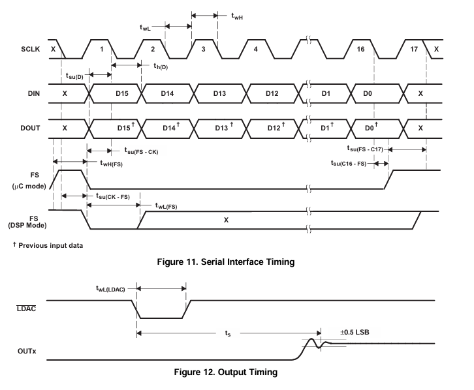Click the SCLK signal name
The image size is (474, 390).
click(x=30, y=49)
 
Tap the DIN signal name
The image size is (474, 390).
click(x=34, y=93)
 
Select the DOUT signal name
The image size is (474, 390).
click(x=30, y=128)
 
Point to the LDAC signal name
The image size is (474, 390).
click(x=26, y=308)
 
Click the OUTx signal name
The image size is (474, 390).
click(x=27, y=351)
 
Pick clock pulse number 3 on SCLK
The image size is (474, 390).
click(x=204, y=49)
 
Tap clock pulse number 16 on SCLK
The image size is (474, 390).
click(x=360, y=49)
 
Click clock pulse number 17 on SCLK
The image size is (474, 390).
click(x=414, y=49)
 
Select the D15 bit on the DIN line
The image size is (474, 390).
click(x=122, y=93)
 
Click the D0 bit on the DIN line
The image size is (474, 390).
click(x=368, y=93)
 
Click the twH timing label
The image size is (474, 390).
click(x=237, y=16)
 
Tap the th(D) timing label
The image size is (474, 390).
click(x=161, y=66)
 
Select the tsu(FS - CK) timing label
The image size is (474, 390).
click(x=141, y=151)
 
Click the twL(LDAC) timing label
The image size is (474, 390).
click(x=110, y=289)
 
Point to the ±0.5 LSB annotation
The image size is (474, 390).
click(x=355, y=333)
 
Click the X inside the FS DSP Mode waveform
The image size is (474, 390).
click(x=226, y=220)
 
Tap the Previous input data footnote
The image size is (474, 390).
click(x=48, y=245)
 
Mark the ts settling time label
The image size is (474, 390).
click(x=228, y=333)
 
